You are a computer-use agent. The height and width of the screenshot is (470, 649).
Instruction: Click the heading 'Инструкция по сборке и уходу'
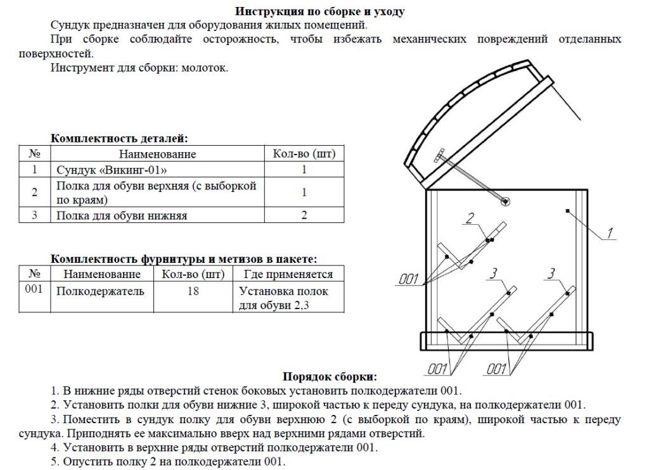320,11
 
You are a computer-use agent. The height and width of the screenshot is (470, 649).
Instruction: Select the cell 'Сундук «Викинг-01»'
112,170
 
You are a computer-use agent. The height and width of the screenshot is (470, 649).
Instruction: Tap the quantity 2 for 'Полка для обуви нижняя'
304,215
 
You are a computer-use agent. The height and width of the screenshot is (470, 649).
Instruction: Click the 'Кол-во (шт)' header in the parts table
304,154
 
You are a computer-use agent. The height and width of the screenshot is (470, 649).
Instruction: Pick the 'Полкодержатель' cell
100,291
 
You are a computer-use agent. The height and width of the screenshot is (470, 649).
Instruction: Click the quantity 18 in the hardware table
193,291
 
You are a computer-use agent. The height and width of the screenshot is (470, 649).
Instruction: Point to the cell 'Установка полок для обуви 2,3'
284,298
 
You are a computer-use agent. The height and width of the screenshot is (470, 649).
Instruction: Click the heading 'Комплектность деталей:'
119,138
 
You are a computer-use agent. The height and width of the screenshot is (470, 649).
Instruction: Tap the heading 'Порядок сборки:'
330,376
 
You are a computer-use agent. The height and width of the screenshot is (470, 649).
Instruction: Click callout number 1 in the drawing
609,233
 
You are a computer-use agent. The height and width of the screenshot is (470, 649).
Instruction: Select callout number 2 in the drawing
470,219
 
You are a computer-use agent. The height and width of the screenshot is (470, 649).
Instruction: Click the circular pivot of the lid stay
505,201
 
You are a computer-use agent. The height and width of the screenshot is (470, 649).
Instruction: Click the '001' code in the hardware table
35,289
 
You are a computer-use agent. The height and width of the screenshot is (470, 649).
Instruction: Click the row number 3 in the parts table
35,215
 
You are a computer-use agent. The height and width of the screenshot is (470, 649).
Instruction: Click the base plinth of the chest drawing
507,341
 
